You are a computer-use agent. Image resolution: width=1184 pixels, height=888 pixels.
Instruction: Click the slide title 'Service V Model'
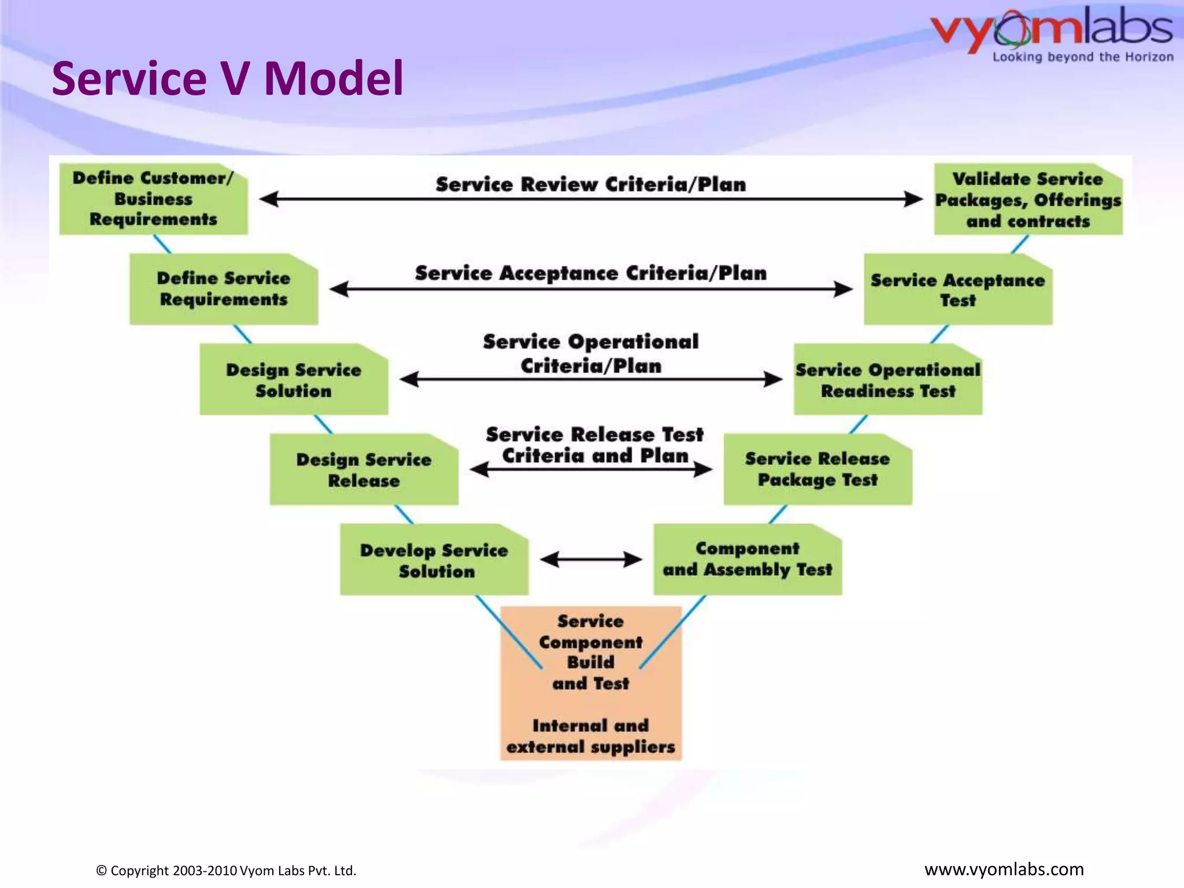227,79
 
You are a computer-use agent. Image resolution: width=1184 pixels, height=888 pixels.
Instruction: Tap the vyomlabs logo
1052,34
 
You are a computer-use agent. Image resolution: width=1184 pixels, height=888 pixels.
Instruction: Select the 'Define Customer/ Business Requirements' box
153,199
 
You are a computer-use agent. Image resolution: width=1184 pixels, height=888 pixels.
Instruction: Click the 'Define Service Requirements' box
223,289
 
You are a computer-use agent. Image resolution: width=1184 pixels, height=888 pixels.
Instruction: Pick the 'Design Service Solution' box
294,380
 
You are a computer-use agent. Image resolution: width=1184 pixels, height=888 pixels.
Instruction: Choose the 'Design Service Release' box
364,469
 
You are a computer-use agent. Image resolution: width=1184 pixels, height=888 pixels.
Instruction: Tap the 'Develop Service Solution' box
434,560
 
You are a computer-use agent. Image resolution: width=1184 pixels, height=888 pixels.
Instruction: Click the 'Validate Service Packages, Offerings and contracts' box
1028,199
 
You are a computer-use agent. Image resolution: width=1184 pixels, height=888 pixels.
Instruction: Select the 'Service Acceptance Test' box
958,290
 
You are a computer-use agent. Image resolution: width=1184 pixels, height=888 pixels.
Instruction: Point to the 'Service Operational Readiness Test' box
888,380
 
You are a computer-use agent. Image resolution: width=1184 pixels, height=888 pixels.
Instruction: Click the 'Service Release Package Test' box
817,469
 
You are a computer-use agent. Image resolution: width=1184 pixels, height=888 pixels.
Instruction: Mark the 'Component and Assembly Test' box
748,560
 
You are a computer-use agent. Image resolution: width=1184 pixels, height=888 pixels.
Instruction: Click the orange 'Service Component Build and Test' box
591,683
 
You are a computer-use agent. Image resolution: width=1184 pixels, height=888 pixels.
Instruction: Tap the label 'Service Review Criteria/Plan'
591,184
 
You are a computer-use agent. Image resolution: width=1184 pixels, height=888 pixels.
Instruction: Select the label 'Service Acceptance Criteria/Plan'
591,273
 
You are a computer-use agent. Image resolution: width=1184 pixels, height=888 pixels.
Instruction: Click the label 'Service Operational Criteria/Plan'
591,353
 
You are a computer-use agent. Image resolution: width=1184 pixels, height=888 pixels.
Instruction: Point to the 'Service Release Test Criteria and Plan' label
594,445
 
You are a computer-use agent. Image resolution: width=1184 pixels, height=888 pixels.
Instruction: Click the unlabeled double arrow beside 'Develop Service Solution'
591,559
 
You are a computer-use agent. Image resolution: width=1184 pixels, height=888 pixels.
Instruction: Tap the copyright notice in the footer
226,871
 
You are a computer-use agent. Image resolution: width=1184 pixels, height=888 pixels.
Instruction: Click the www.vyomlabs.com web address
1004,869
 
